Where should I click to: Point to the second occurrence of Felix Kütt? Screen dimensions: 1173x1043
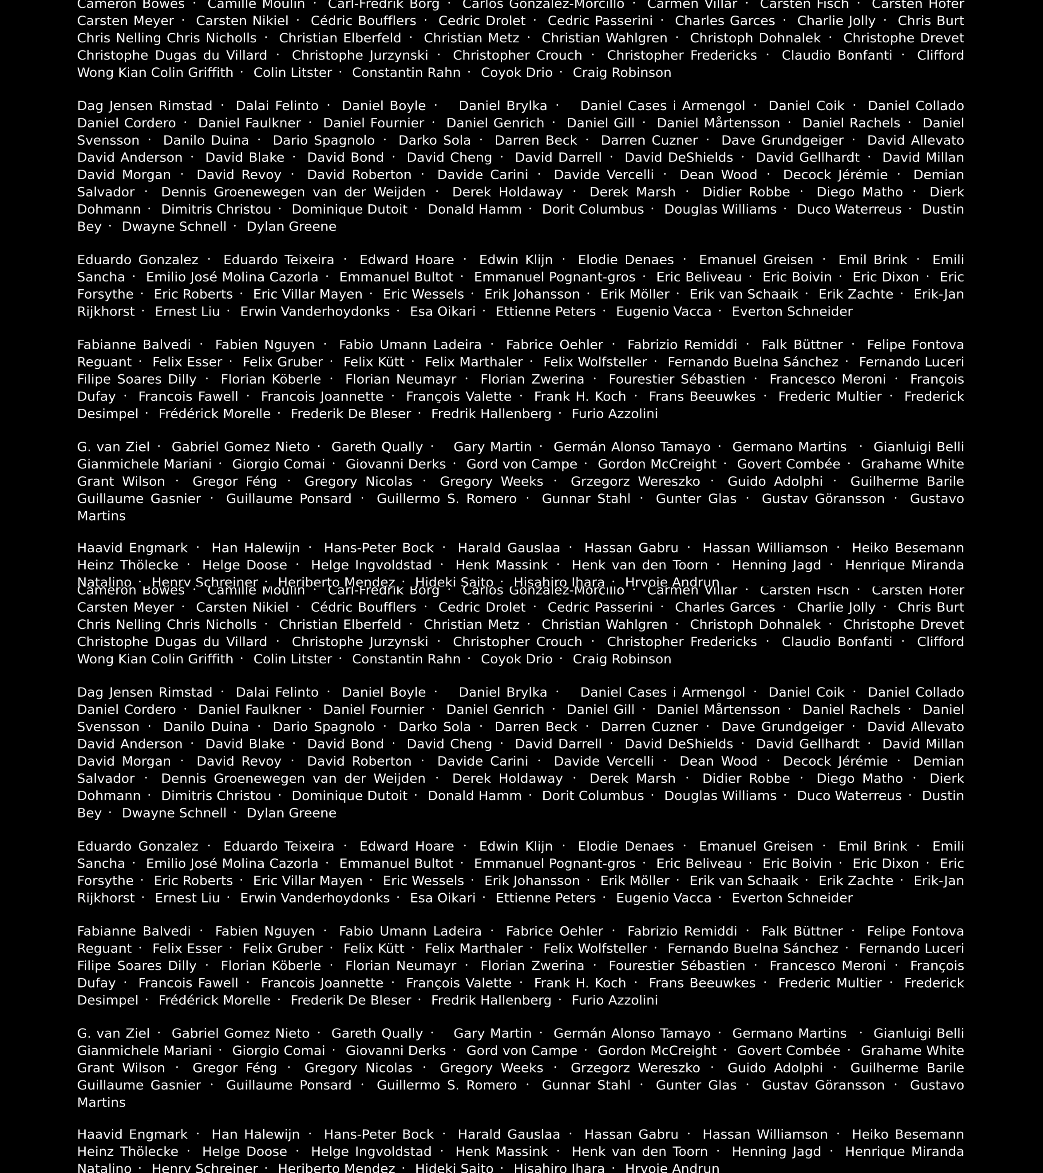(x=374, y=949)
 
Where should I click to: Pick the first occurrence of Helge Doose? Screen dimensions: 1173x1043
(x=245, y=565)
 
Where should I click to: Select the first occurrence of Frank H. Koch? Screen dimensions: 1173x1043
(x=580, y=396)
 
